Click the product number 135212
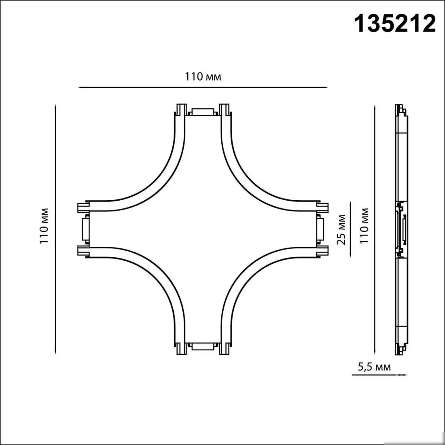(395, 23)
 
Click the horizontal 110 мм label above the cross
(203, 77)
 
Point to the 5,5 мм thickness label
(374, 367)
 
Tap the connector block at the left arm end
(85, 229)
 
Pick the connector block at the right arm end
(320, 229)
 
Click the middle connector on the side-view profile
(402, 229)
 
